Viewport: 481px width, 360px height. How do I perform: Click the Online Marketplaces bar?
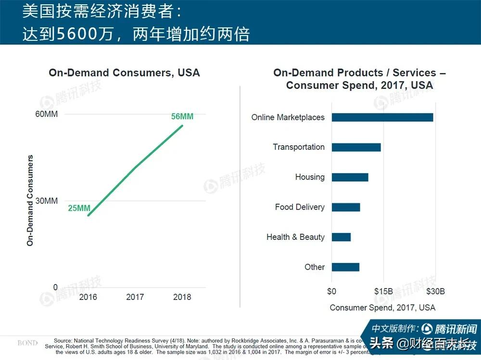[x=382, y=117]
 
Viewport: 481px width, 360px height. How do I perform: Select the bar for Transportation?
[x=356, y=147]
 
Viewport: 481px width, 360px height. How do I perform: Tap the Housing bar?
[x=350, y=177]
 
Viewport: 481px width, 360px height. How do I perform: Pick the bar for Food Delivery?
[x=345, y=207]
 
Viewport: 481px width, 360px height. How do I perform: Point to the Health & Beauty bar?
[x=341, y=237]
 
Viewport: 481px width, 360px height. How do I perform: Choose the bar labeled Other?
[x=345, y=267]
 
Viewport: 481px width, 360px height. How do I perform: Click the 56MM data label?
[x=182, y=117]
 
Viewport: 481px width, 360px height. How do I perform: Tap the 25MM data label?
[x=79, y=208]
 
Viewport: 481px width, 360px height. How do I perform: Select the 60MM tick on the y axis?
[x=47, y=114]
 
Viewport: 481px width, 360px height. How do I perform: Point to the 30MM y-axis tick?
[x=47, y=201]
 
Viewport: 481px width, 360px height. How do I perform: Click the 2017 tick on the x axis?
[x=135, y=297]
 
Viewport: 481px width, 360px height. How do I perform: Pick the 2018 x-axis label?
[x=182, y=297]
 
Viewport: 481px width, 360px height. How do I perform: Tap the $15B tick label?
[x=383, y=291]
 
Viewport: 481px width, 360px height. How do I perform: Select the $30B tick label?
[x=435, y=291]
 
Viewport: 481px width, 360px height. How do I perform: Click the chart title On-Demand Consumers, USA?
[x=124, y=73]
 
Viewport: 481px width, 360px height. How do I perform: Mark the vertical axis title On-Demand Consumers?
[x=30, y=200]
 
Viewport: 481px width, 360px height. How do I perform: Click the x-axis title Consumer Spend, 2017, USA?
[x=382, y=308]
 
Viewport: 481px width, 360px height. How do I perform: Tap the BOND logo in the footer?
[x=27, y=343]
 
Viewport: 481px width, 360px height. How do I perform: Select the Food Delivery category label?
[x=299, y=207]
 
